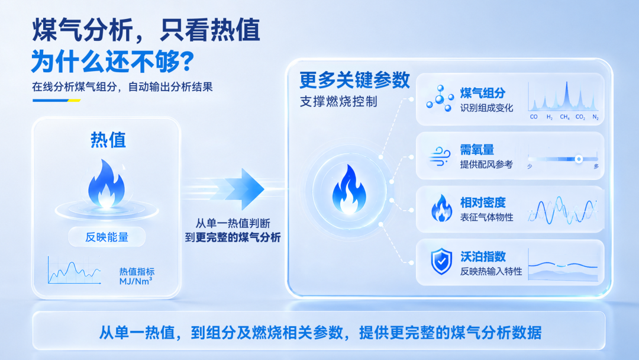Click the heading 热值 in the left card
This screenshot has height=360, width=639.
(108, 140)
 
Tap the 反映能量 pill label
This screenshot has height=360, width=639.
(106, 237)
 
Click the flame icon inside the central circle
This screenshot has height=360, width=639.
(349, 189)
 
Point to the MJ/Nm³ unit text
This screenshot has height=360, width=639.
(135, 281)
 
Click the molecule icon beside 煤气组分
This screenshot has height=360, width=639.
(440, 98)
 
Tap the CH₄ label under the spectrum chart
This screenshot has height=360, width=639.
(564, 117)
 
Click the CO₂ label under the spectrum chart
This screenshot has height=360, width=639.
(580, 117)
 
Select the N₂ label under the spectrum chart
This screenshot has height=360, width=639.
(595, 117)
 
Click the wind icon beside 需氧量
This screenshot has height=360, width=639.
(440, 156)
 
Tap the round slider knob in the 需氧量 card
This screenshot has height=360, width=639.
(579, 159)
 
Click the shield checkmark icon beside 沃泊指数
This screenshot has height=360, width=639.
(441, 261)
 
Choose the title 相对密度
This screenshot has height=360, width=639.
(483, 202)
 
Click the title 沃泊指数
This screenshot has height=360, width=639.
(483, 256)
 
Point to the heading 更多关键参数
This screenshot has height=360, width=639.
(354, 80)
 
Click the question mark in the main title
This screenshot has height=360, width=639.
(186, 62)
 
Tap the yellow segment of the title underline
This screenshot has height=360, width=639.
(74, 100)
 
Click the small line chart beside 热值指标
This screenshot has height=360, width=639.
(74, 270)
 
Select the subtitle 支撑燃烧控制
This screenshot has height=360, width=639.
(338, 101)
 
